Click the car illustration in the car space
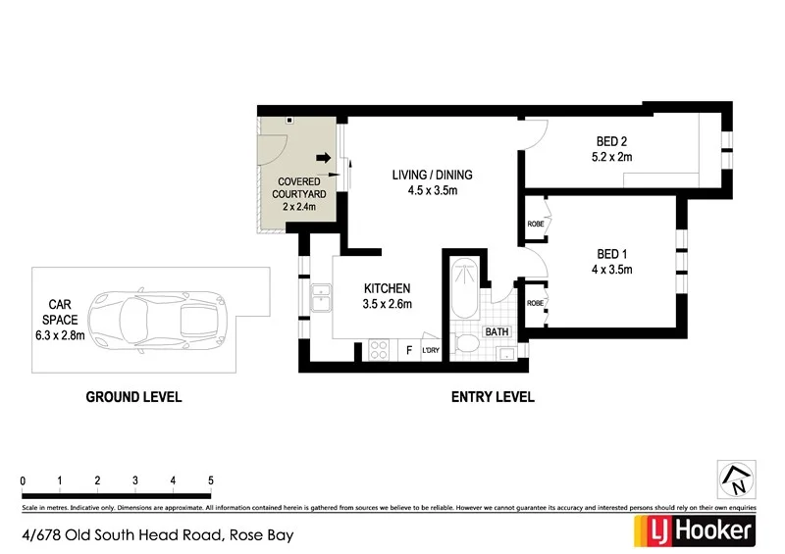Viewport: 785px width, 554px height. coord(157,321)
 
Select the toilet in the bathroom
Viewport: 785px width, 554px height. coord(469,343)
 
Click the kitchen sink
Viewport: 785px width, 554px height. coord(319,298)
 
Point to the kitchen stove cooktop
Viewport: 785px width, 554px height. coord(379,349)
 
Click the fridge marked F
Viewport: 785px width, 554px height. coord(408,349)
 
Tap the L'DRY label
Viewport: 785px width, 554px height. coord(430,350)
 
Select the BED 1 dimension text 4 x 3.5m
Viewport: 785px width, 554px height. coord(610,269)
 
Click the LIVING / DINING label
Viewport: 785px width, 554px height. coord(432,176)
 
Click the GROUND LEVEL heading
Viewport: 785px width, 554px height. coord(134,397)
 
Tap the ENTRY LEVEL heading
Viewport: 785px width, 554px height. coord(493,397)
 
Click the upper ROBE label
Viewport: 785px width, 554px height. coord(535,223)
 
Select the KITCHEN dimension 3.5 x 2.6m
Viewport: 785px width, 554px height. coord(387,305)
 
